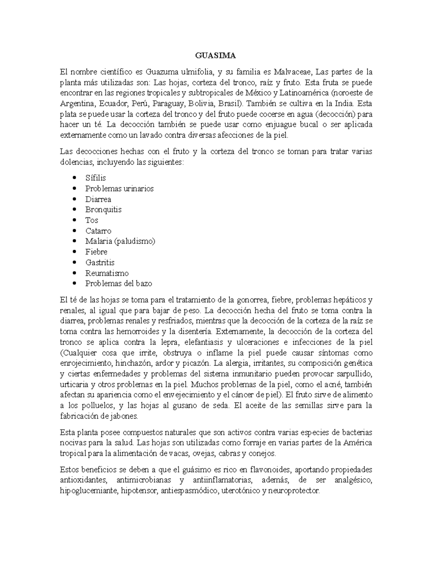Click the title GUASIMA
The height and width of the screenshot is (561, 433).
coord(215,56)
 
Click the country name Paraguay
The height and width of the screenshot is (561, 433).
coord(167,104)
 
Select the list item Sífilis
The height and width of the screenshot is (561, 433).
coord(95,178)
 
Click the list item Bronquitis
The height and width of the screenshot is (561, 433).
coord(103,210)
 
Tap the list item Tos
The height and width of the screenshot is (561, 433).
coord(92,220)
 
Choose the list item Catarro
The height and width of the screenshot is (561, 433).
coord(98,231)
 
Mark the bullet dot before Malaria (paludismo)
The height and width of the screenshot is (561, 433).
coord(75,241)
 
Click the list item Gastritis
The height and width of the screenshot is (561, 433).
coord(100,263)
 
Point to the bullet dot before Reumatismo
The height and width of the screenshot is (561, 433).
coord(75,273)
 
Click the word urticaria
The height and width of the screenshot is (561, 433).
coord(73,384)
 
